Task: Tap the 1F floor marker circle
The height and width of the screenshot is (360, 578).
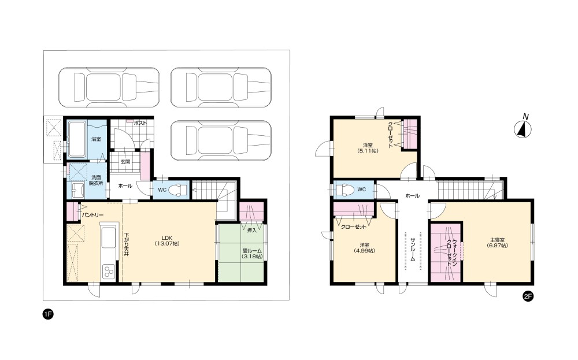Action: (x=48, y=314)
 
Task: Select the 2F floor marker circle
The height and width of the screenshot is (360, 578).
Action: (x=528, y=296)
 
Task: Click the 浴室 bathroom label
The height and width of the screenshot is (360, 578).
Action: (x=96, y=139)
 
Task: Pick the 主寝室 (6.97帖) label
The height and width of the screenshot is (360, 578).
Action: (x=497, y=243)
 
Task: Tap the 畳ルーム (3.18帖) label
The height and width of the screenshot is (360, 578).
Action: (x=252, y=254)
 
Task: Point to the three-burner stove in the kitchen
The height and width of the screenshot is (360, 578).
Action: (x=109, y=271)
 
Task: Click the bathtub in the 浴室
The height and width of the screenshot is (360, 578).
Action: (x=77, y=139)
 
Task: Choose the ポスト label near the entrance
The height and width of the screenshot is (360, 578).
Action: (x=140, y=123)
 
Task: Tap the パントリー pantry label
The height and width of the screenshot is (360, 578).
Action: (x=92, y=215)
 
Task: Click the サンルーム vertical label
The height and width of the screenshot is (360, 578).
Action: (x=413, y=250)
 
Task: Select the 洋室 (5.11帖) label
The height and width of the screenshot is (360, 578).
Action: (x=368, y=148)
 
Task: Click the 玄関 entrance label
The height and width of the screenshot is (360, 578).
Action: (x=125, y=162)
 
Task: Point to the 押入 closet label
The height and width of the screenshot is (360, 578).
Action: (x=252, y=231)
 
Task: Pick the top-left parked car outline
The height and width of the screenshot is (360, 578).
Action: (x=109, y=87)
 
